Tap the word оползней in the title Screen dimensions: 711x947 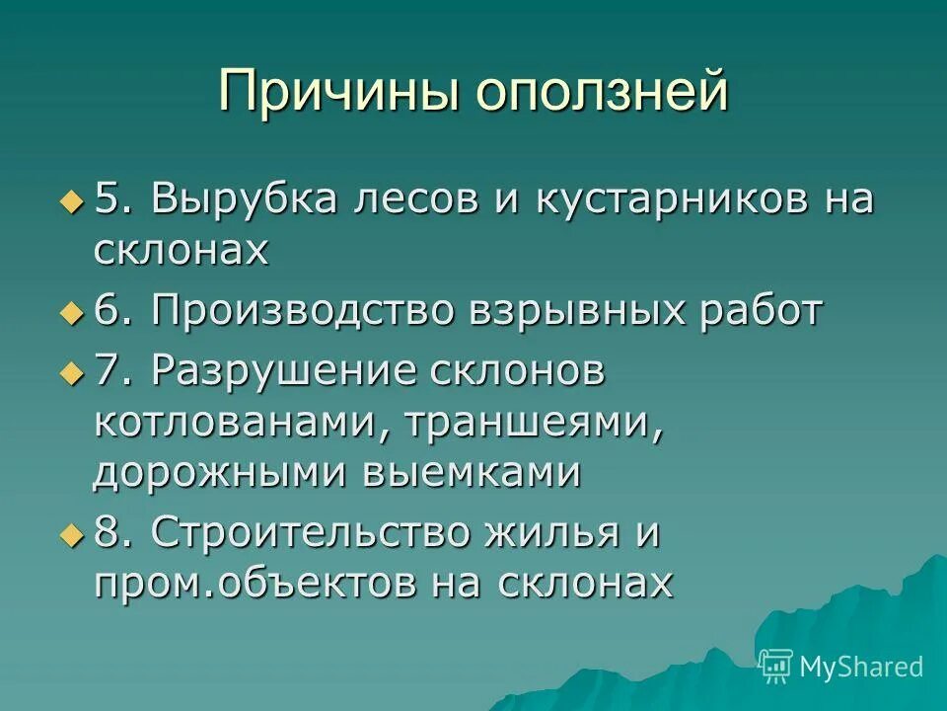[603, 92]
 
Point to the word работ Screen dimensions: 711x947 [757, 312]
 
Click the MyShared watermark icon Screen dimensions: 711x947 [776, 667]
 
